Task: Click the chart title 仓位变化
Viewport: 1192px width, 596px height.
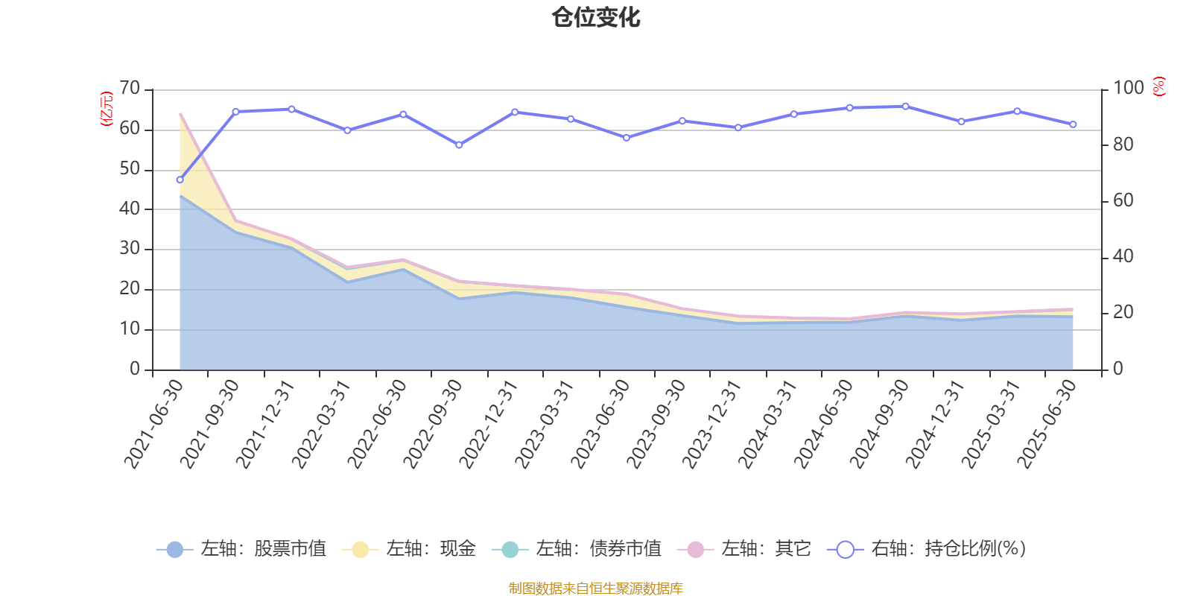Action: point(596,17)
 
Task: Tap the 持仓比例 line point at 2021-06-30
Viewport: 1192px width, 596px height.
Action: point(180,180)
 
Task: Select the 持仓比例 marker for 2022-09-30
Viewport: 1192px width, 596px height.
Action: point(459,145)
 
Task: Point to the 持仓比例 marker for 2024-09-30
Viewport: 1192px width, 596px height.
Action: point(905,107)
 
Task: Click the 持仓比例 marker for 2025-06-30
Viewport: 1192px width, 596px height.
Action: point(1073,124)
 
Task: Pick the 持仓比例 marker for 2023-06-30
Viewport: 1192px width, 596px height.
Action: point(627,138)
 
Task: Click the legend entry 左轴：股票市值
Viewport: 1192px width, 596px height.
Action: point(241,549)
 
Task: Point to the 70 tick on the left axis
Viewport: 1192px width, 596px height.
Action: point(130,89)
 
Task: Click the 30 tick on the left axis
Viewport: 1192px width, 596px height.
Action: point(130,249)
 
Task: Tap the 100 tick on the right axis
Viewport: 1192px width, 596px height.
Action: point(1128,89)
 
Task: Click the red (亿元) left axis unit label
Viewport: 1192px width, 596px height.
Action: point(107,109)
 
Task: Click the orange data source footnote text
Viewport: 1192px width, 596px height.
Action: point(595,589)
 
